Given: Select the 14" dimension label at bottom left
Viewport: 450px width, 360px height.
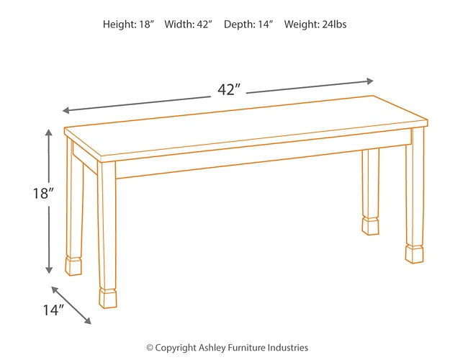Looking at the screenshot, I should [52, 310].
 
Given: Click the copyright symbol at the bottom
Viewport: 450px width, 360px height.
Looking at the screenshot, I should [150, 348].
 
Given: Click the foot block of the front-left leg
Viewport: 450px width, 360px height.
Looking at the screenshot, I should [107, 298].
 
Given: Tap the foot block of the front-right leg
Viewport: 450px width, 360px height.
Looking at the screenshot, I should [414, 254].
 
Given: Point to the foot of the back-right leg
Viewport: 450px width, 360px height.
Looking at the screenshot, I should [370, 225].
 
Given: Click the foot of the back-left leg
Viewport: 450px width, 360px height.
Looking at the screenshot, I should [73, 265].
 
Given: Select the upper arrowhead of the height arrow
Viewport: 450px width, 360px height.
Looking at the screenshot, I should [49, 133].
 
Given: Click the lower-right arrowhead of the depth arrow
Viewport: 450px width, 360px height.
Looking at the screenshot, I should [88, 321].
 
